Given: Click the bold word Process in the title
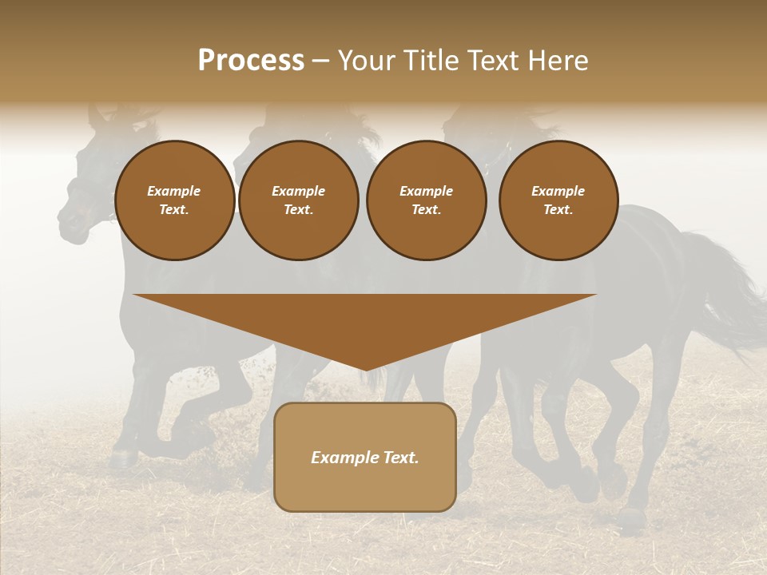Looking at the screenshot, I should click(x=251, y=61).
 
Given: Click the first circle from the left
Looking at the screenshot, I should click(x=175, y=200).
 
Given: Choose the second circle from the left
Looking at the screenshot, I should click(x=299, y=200).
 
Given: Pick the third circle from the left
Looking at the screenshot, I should click(x=427, y=200).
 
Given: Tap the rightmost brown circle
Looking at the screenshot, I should click(x=558, y=200).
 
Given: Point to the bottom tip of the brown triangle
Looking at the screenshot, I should click(x=365, y=370).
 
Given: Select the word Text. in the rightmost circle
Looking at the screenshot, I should click(x=558, y=210).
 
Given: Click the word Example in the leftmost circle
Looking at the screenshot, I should click(x=174, y=191).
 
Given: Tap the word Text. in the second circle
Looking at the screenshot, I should click(x=299, y=210).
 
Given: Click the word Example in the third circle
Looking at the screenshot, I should click(x=427, y=191).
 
